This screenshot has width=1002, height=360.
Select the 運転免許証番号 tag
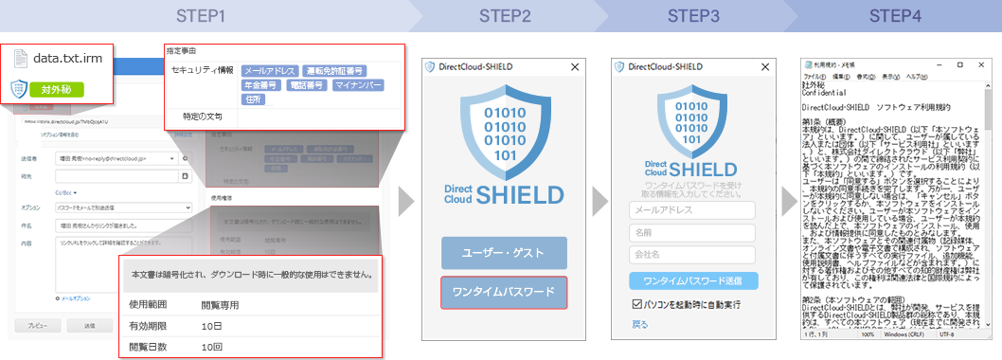point(335,71)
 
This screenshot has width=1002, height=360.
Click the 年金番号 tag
point(261,85)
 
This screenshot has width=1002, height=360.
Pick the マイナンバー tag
point(358,85)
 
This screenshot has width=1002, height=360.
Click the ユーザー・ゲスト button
point(503,253)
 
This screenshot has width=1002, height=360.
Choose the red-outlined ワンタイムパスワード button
point(503,293)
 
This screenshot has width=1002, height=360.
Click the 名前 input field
point(691,232)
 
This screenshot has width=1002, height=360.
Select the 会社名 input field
point(691,254)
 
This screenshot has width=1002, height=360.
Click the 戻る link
point(639,324)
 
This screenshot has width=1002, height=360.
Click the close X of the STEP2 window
point(574,67)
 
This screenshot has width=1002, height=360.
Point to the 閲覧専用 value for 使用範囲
point(220,305)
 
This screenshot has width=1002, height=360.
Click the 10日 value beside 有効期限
point(211,326)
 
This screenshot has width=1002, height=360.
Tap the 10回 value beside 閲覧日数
point(211,347)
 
